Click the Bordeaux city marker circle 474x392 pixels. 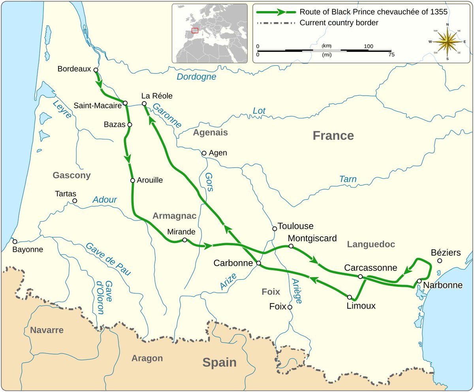pyautogui.click(x=96, y=70)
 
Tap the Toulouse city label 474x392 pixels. pyautogui.click(x=295, y=226)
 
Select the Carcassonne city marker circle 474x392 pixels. pyautogui.click(x=360, y=277)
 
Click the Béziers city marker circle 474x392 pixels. pyautogui.click(x=440, y=260)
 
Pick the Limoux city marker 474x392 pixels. pyautogui.click(x=350, y=297)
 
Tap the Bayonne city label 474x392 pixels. pyautogui.click(x=28, y=249)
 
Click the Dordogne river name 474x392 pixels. pyautogui.click(x=196, y=77)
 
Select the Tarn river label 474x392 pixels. pyautogui.click(x=348, y=179)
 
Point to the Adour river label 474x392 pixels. pyautogui.click(x=105, y=200)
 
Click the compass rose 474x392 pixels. pyautogui.click(x=447, y=41)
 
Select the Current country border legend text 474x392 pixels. pyautogui.click(x=339, y=23)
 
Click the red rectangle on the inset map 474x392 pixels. pyautogui.click(x=195, y=30)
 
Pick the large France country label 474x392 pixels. pyautogui.click(x=333, y=136)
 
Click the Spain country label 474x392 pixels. pyautogui.click(x=219, y=362)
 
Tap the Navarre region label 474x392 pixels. pyautogui.click(x=47, y=330)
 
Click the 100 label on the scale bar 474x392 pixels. pyautogui.click(x=368, y=46)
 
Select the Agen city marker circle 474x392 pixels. pyautogui.click(x=204, y=153)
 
